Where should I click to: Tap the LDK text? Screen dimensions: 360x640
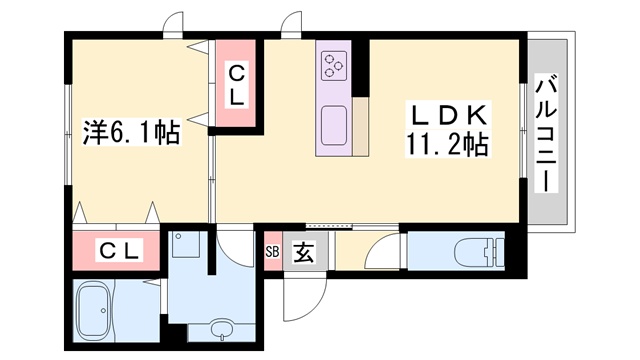point(445,114)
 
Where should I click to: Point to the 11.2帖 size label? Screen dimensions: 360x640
point(446,145)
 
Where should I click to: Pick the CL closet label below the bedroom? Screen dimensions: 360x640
point(118,249)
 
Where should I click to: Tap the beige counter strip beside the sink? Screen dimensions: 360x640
point(360,128)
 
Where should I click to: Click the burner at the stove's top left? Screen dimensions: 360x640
point(328,60)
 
